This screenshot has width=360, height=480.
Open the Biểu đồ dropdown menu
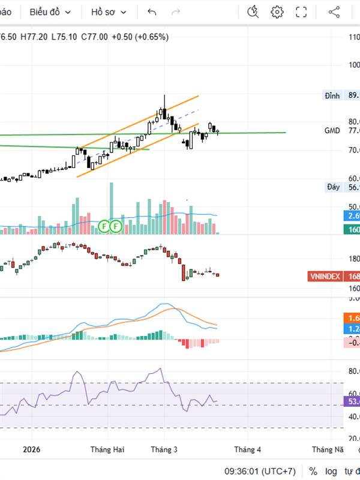click(50, 12)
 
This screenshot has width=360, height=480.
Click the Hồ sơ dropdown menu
click(109, 12)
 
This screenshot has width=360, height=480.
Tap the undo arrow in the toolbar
click(152, 12)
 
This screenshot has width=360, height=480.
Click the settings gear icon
click(277, 12)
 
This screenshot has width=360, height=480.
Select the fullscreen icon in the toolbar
click(301, 12)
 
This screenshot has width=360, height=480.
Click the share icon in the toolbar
click(334, 12)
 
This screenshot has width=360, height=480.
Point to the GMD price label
click(332, 130)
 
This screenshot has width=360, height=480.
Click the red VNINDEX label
click(325, 277)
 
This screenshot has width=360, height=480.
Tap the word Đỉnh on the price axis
click(332, 95)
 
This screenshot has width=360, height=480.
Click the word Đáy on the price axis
click(333, 187)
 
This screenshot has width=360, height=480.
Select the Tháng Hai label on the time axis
click(107, 449)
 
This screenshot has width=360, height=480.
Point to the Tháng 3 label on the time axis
click(164, 449)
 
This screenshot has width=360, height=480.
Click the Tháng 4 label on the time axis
click(247, 449)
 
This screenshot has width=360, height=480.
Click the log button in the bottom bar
click(331, 471)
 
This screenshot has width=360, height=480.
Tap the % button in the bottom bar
click(313, 471)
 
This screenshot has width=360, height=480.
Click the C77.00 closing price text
click(94, 37)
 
